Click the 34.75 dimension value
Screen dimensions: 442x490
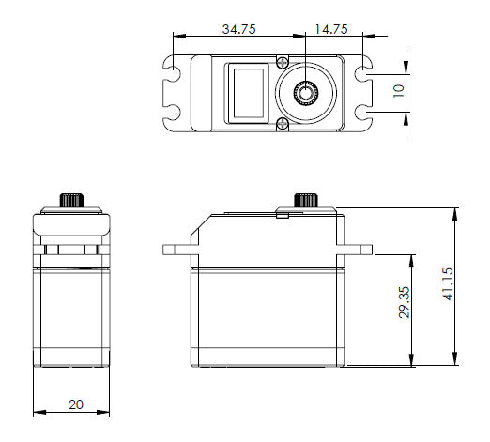(x=238, y=29)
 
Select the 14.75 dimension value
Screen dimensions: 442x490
(x=329, y=29)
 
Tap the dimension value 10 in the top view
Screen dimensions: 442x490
(x=398, y=92)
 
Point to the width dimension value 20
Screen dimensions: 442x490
(x=75, y=404)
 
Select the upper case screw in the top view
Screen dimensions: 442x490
(x=282, y=62)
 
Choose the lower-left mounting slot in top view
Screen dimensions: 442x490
(x=176, y=114)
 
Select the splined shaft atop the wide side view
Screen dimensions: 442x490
(x=305, y=201)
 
